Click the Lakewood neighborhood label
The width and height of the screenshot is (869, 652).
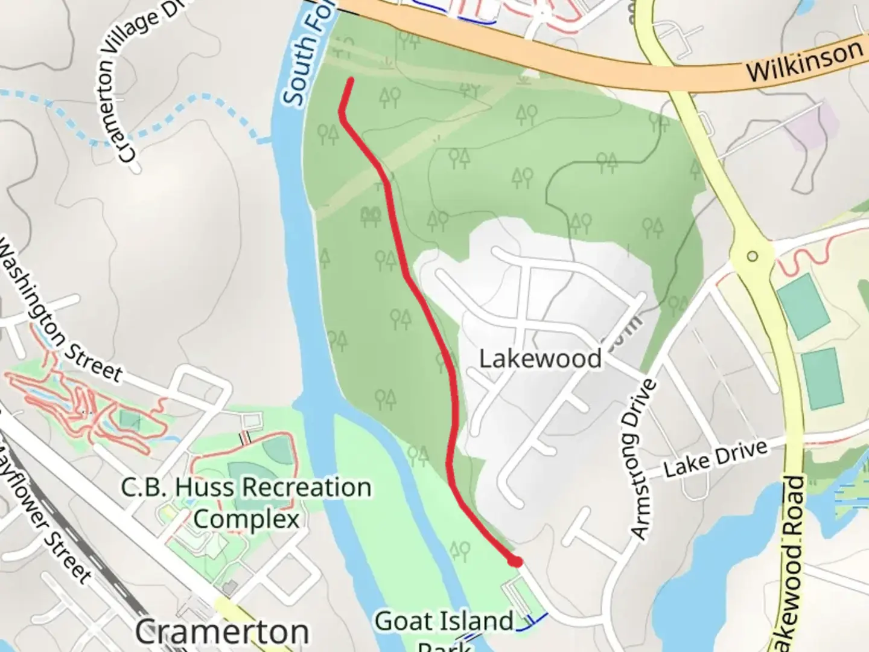click(540, 359)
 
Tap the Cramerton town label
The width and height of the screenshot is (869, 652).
click(221, 632)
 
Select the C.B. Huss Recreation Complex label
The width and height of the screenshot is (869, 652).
click(246, 503)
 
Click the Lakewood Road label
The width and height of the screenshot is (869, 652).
click(794, 561)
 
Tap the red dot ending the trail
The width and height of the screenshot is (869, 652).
click(515, 561)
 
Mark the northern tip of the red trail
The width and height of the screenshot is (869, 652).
click(350, 80)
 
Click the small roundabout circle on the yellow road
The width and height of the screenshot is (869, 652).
click(752, 256)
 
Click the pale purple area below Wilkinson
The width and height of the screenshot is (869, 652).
click(818, 130)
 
